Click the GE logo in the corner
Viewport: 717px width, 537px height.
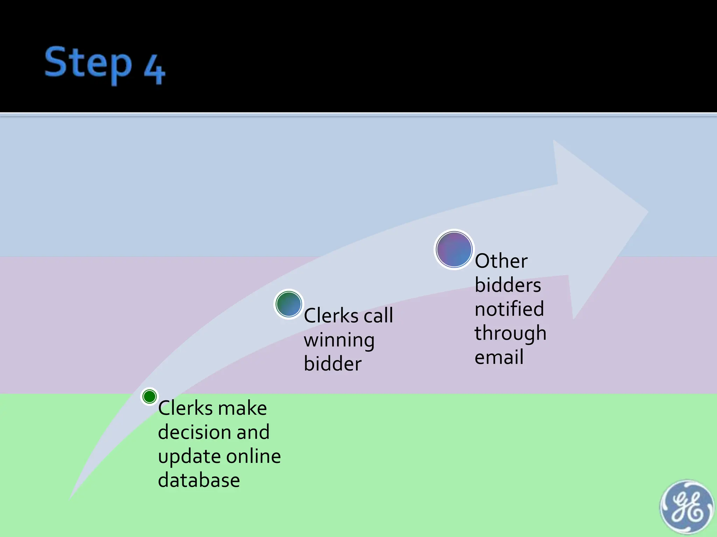687,507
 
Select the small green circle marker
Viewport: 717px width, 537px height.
149,396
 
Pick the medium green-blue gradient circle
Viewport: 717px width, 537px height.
288,304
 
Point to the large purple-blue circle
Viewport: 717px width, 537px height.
454,250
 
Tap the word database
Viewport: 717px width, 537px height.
199,480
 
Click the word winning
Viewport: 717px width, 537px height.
339,340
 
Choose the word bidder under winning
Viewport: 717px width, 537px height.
333,364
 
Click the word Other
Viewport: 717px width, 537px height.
501,261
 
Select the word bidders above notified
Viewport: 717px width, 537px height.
508,285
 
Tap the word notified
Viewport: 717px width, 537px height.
509,309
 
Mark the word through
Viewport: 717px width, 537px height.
510,333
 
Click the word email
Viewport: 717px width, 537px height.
499,357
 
